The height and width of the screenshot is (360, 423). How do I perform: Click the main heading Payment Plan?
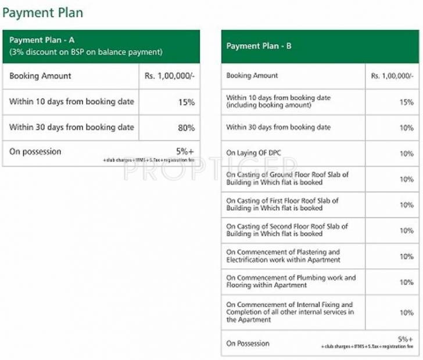(x=42, y=12)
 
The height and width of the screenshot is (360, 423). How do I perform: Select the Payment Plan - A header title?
(x=42, y=40)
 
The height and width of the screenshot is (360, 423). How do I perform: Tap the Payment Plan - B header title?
(x=259, y=46)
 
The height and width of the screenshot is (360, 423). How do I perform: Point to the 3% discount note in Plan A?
(x=85, y=52)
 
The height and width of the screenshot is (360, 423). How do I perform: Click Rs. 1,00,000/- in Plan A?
(x=169, y=76)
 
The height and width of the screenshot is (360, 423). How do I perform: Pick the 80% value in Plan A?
(x=186, y=128)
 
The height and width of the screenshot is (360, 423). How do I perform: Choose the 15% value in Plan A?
(x=186, y=102)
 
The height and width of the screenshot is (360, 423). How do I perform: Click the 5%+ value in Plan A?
(x=185, y=151)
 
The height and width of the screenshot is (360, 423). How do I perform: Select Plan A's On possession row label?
(x=35, y=152)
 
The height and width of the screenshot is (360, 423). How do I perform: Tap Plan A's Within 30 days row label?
(x=71, y=128)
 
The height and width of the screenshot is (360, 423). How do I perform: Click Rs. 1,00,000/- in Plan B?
(x=392, y=76)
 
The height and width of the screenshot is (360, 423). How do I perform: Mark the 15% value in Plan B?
(x=406, y=102)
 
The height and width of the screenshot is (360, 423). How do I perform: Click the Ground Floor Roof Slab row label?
(x=287, y=178)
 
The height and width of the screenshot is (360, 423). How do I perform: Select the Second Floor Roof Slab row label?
(x=287, y=230)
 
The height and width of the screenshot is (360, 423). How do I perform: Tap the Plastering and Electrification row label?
(x=283, y=256)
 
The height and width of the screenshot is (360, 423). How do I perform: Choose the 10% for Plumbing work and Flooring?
(x=406, y=282)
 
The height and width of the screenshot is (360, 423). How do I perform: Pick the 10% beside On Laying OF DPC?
(x=406, y=154)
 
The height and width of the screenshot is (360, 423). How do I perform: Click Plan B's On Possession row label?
(x=248, y=343)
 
